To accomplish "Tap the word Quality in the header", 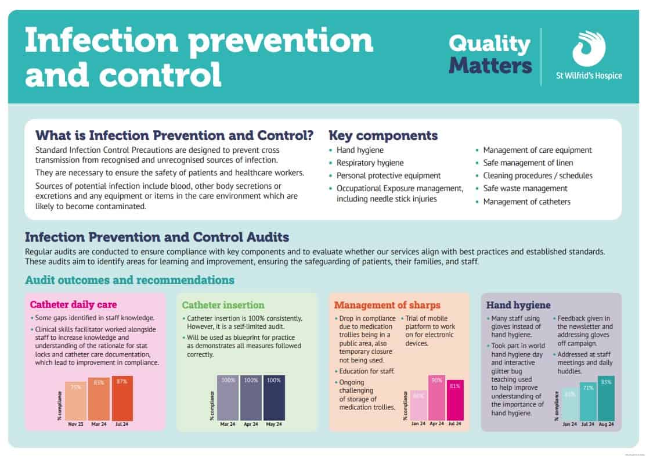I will click(x=489, y=43).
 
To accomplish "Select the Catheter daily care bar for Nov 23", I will click(x=75, y=401).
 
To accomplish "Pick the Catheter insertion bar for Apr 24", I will click(x=251, y=397).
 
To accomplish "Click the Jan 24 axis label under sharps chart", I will click(x=418, y=424).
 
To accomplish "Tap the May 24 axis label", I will click(x=275, y=424).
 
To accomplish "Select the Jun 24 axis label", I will click(x=570, y=424).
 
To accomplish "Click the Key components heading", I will click(x=383, y=136).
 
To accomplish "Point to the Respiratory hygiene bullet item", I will click(x=370, y=163).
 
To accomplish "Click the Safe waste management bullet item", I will click(x=525, y=188).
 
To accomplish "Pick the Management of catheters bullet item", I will click(x=526, y=202).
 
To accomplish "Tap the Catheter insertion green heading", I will click(x=223, y=305).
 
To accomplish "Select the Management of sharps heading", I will click(x=387, y=305).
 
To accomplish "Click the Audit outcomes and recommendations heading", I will click(x=129, y=280).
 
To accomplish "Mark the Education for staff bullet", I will click(x=367, y=371).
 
